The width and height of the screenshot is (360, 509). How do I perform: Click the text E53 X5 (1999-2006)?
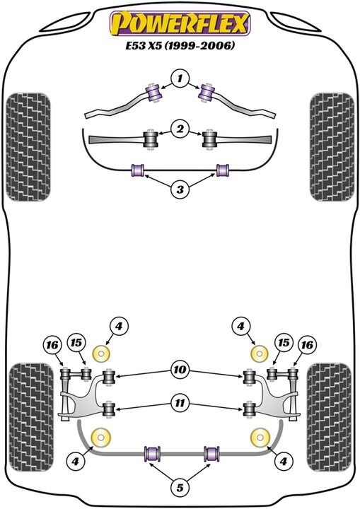(180, 47)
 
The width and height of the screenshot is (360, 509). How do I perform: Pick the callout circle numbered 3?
(180, 189)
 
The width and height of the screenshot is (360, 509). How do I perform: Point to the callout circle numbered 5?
(180, 488)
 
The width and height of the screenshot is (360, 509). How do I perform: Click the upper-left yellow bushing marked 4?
(103, 353)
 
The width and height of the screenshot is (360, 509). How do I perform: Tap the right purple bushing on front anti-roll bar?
(223, 170)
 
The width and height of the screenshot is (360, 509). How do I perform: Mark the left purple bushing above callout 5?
(151, 452)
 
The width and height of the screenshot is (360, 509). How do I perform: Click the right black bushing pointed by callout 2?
(210, 139)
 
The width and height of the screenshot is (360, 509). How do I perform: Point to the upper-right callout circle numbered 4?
(241, 327)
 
